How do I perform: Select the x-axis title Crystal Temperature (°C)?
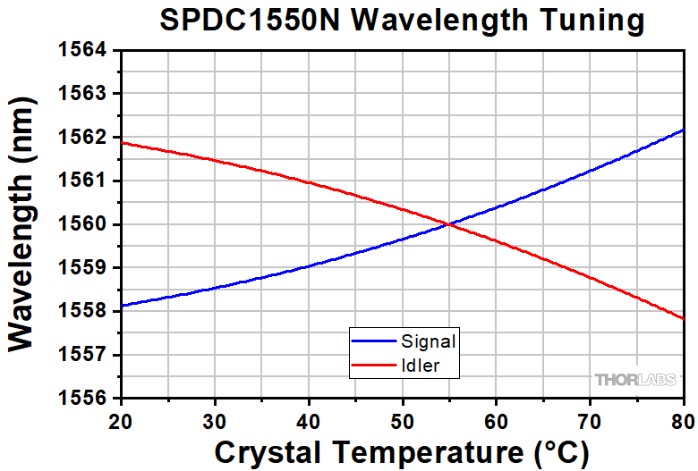click(402, 452)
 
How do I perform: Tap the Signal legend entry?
click(429, 341)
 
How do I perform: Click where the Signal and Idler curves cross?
click(448, 224)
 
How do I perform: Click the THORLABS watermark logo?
click(635, 381)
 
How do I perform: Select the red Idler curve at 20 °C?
click(122, 143)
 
